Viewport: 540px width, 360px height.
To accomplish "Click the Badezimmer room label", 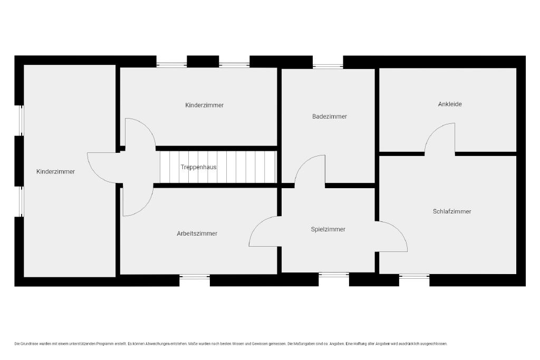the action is coord(329,116).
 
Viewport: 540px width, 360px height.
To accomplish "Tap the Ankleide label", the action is coord(450,104).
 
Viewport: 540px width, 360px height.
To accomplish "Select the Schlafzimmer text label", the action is coord(452,211).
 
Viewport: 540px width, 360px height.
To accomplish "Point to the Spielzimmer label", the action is coord(328,229).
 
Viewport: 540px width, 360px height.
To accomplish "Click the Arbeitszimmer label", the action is coord(197,233).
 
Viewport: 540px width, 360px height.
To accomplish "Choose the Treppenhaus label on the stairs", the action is coord(199,167).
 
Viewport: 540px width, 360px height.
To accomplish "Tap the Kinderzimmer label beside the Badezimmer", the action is coord(204,105).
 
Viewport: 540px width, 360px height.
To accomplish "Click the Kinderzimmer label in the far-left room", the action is coord(55,171).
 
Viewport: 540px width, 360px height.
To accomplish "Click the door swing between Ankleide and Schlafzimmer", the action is coord(433,130).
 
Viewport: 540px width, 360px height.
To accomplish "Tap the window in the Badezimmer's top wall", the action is coord(328,66).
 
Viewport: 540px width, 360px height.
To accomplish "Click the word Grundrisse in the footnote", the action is coord(30,344).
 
